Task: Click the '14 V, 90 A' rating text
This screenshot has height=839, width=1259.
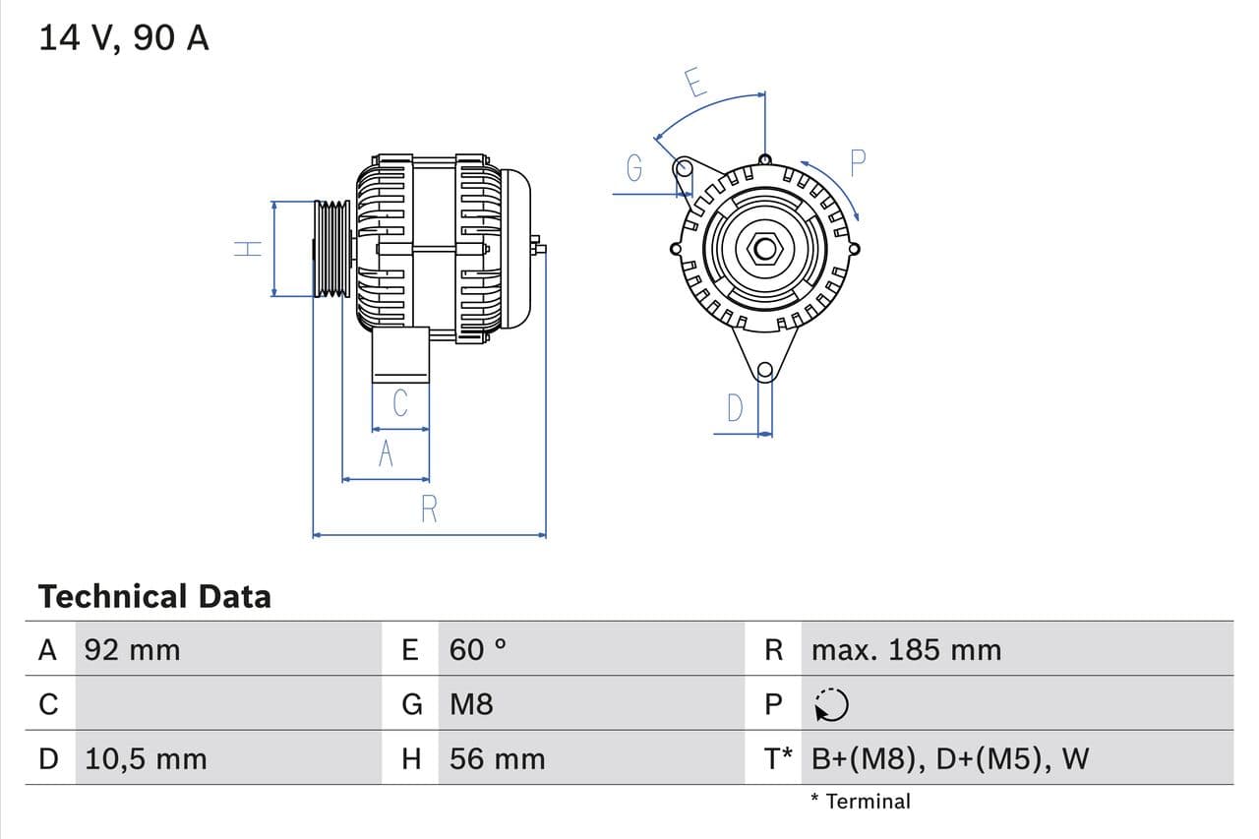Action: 124,38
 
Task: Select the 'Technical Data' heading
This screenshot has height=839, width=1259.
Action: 154,596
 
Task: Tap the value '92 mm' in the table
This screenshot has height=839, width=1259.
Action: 132,649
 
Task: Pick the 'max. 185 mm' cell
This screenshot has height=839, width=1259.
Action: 906,649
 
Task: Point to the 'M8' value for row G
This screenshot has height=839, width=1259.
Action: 471,704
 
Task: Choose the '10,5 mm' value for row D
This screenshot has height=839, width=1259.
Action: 146,758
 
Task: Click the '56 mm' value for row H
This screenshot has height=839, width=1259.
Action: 497,758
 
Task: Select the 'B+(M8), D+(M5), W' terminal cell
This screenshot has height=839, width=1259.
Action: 950,758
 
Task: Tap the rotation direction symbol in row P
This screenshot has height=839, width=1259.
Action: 832,704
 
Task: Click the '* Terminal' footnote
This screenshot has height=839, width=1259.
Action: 861,801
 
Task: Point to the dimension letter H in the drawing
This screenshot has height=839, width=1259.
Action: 248,248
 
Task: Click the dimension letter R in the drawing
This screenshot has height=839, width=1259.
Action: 429,509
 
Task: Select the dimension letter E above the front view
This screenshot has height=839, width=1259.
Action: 694,83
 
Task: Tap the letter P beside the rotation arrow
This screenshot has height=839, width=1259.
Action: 857,163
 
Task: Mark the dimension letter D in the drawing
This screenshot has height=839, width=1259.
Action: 735,407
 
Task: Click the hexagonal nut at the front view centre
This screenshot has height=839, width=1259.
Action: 764,248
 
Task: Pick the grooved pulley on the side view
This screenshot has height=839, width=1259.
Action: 331,248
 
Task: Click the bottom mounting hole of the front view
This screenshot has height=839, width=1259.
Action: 764,371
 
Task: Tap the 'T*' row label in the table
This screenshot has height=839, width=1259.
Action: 778,758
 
